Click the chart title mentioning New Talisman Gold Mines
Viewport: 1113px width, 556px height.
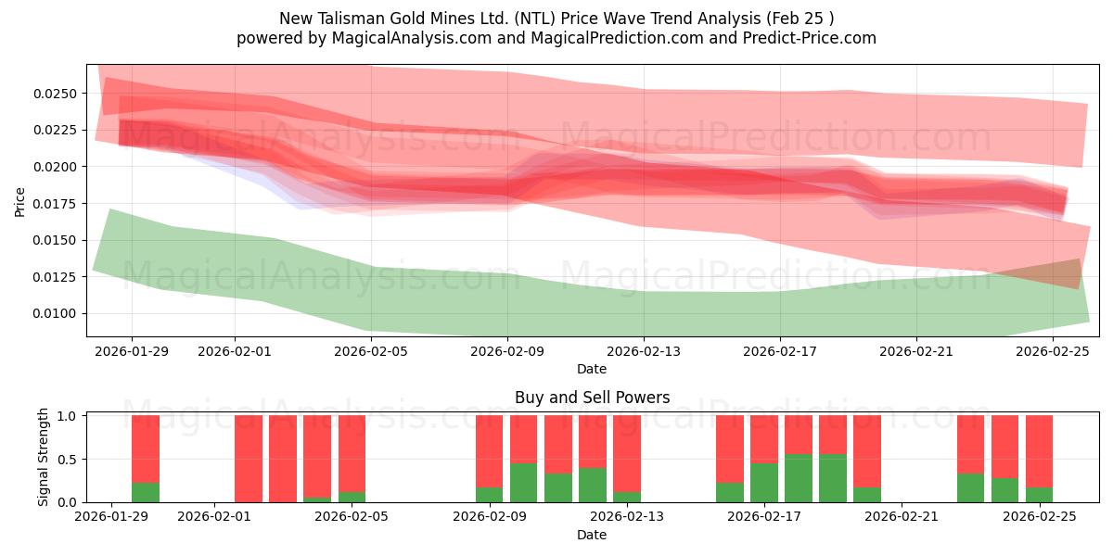pyautogui.click(x=556, y=18)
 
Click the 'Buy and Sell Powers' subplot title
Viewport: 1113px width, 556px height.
pyautogui.click(x=592, y=398)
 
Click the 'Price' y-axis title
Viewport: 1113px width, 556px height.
pyautogui.click(x=19, y=202)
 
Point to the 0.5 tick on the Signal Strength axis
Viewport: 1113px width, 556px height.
pyautogui.click(x=68, y=459)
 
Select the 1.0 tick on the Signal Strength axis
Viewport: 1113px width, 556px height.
pyautogui.click(x=68, y=415)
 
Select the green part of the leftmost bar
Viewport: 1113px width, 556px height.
pyautogui.click(x=146, y=492)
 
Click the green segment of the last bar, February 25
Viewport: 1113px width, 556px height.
pyautogui.click(x=1039, y=495)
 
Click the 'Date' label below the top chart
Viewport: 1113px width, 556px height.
pyautogui.click(x=592, y=369)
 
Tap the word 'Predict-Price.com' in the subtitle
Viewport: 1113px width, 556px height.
pyautogui.click(x=812, y=38)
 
